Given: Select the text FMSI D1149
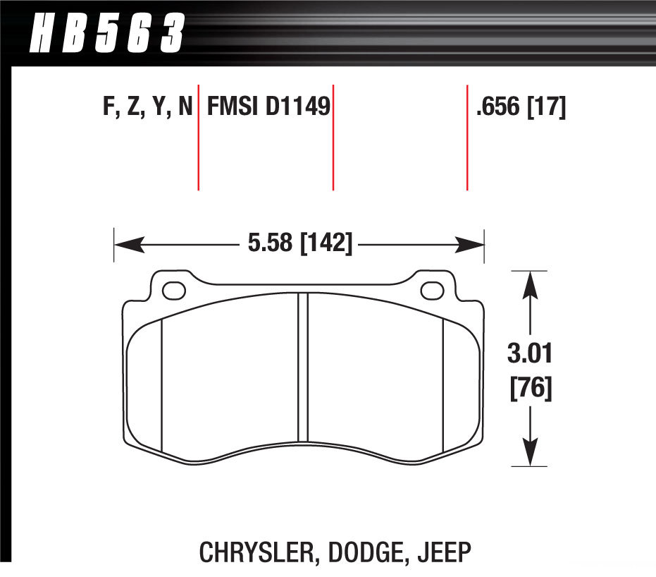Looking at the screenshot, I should point(268,108).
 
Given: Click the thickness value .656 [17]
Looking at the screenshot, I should point(521,108).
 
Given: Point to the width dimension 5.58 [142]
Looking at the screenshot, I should point(299,244).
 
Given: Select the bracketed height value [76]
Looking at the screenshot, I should point(530,388).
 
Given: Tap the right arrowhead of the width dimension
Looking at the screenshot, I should point(470,245).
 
